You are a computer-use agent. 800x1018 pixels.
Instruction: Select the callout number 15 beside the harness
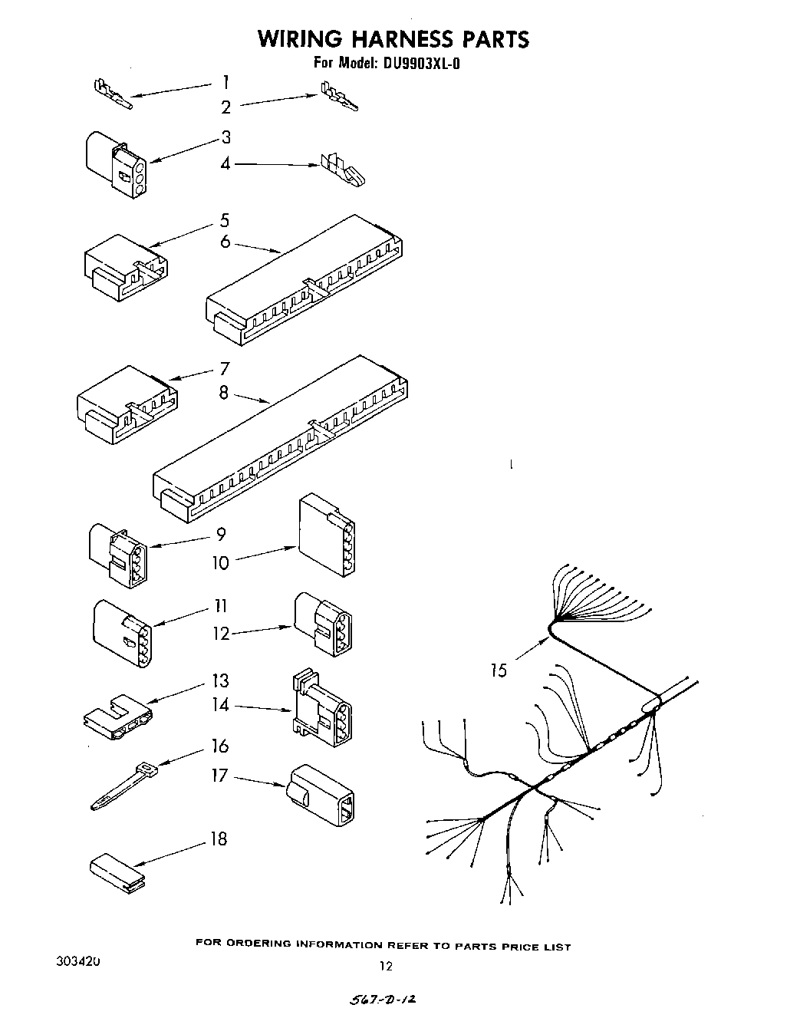[499, 670]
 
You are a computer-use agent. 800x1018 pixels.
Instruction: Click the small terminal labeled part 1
[112, 93]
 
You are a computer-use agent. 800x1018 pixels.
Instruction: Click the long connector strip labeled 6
[305, 281]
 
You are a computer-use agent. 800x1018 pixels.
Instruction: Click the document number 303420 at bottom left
[77, 961]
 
